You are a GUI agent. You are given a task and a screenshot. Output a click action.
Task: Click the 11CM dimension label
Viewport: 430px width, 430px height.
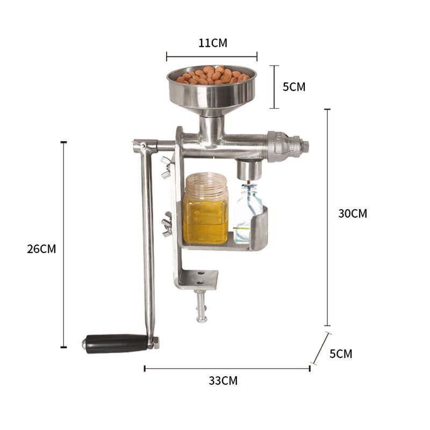pos(213,43)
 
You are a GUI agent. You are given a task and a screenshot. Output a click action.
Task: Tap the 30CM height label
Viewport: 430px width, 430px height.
pos(353,213)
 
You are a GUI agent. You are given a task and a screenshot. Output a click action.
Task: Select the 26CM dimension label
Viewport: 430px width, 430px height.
pos(41,249)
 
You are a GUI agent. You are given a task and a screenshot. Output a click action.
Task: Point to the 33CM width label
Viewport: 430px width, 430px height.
pos(223,381)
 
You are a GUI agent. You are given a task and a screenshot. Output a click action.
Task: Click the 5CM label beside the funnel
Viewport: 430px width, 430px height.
pos(294,87)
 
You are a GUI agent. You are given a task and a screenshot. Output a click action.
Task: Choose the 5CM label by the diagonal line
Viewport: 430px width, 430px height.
pos(341,354)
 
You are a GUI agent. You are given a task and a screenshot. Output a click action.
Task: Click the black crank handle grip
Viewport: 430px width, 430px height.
pos(117,343)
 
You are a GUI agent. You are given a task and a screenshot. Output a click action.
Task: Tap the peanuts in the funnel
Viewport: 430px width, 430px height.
pos(213,75)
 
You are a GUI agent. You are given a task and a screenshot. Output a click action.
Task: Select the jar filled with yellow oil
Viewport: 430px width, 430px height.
pos(205,209)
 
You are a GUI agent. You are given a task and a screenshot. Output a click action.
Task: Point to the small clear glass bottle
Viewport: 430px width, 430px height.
pos(246,213)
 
